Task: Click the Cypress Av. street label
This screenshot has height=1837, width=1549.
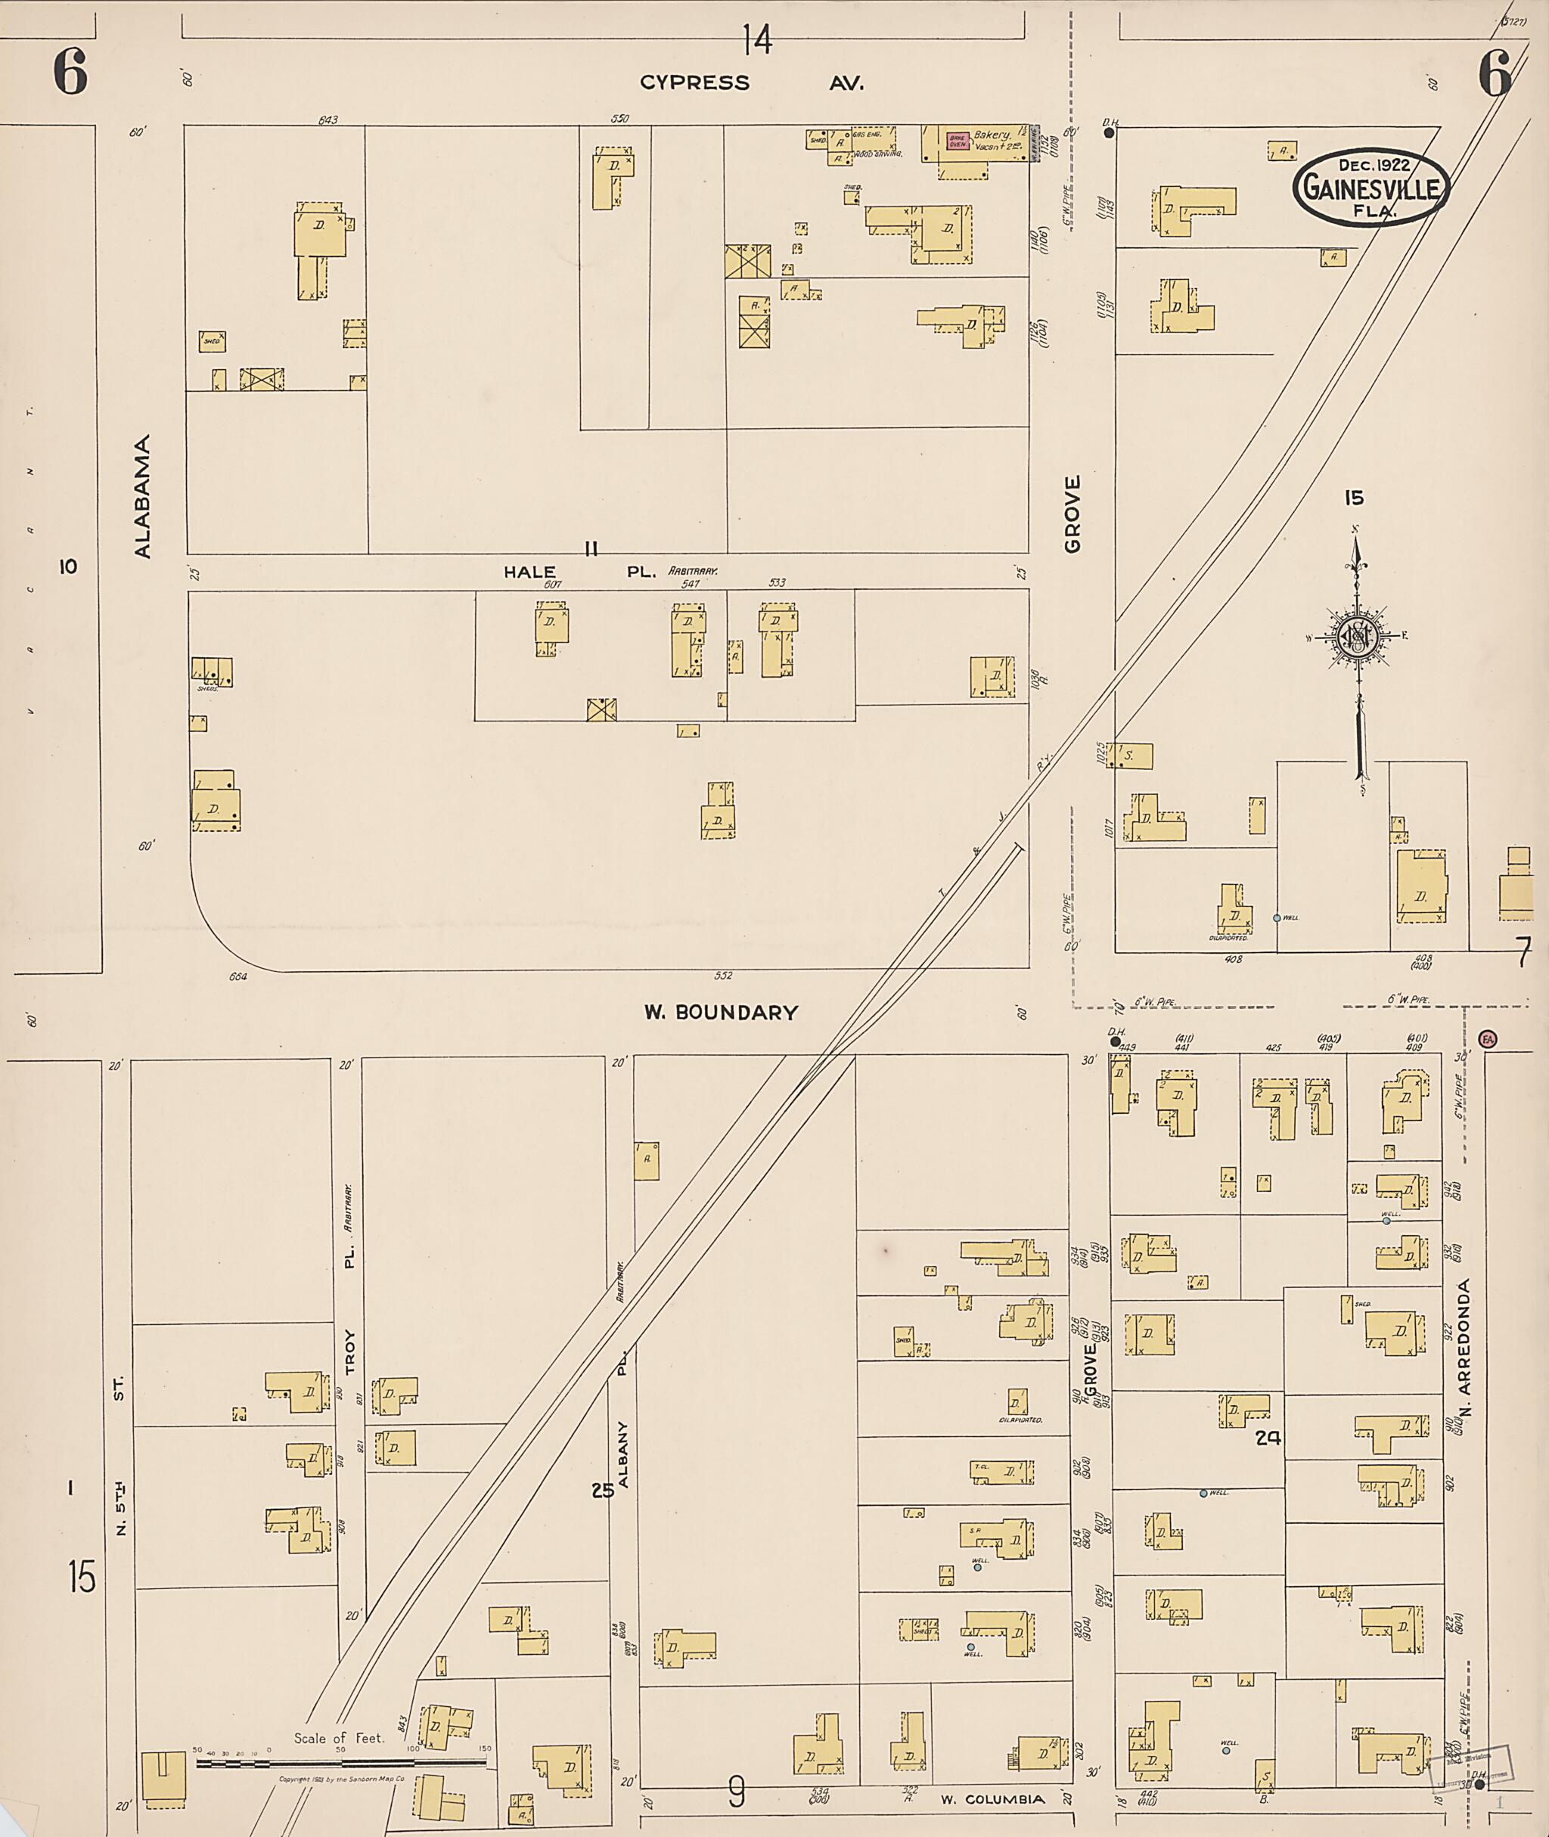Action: click(752, 83)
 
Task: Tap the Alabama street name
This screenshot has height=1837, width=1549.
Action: click(143, 496)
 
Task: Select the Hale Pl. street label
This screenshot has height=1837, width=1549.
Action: click(579, 572)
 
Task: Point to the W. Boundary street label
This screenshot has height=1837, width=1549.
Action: click(721, 1013)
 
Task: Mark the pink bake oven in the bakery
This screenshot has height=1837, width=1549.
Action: click(956, 141)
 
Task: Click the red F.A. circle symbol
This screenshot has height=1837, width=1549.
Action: click(1488, 1039)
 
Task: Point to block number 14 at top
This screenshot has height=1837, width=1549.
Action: click(757, 39)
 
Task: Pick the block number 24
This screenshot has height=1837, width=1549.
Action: click(1268, 1438)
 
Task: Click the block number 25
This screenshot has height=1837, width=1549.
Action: click(602, 1490)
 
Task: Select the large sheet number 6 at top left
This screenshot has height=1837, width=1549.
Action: click(70, 72)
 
